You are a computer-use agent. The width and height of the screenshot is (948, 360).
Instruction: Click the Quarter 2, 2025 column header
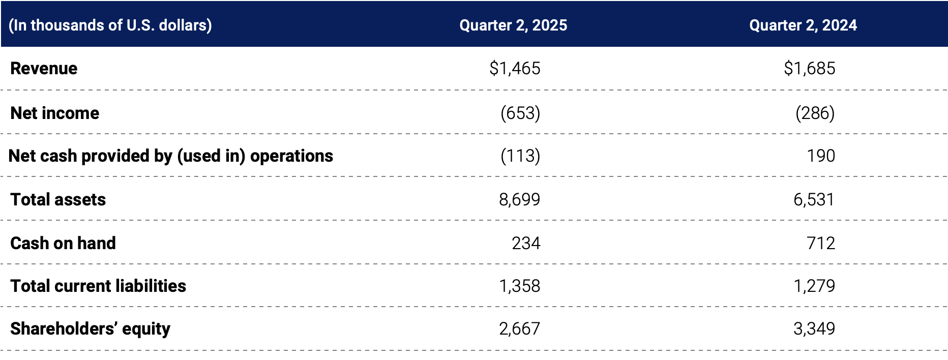[x=513, y=25]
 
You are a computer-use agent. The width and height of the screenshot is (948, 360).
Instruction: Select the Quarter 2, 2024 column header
[x=803, y=25]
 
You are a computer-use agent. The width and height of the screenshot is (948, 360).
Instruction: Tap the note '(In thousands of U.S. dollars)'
[x=110, y=25]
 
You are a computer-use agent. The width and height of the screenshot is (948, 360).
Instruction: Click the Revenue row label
[x=44, y=68]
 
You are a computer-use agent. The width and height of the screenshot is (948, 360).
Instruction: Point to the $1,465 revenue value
[x=515, y=68]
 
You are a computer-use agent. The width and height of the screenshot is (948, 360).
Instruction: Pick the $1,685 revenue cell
[x=809, y=68]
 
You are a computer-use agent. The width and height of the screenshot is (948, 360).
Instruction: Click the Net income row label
[x=55, y=113]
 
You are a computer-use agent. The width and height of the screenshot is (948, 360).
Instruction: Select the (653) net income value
[x=520, y=113]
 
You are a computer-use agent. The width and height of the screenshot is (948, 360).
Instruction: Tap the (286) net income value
[x=815, y=113]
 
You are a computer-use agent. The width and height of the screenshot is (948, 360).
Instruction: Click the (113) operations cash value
[x=520, y=156]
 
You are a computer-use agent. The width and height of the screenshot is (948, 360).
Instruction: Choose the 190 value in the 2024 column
[x=820, y=156]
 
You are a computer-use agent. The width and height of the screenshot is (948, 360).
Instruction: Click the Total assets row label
[x=58, y=199]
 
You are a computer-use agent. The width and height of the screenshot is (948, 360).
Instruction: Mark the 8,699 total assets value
[x=519, y=199]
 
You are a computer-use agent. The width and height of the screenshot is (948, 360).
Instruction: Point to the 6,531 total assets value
[x=814, y=199]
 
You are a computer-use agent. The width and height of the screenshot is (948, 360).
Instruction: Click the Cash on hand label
[x=63, y=243]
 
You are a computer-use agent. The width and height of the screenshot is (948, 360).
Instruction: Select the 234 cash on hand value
[x=525, y=243]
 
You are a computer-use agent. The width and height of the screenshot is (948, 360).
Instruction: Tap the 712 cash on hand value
[x=820, y=243]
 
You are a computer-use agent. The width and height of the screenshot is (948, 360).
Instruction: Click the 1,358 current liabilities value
[x=519, y=286]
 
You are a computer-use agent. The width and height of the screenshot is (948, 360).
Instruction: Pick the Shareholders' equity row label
[x=90, y=328]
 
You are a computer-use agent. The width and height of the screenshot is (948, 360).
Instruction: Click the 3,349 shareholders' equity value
[x=814, y=328]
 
